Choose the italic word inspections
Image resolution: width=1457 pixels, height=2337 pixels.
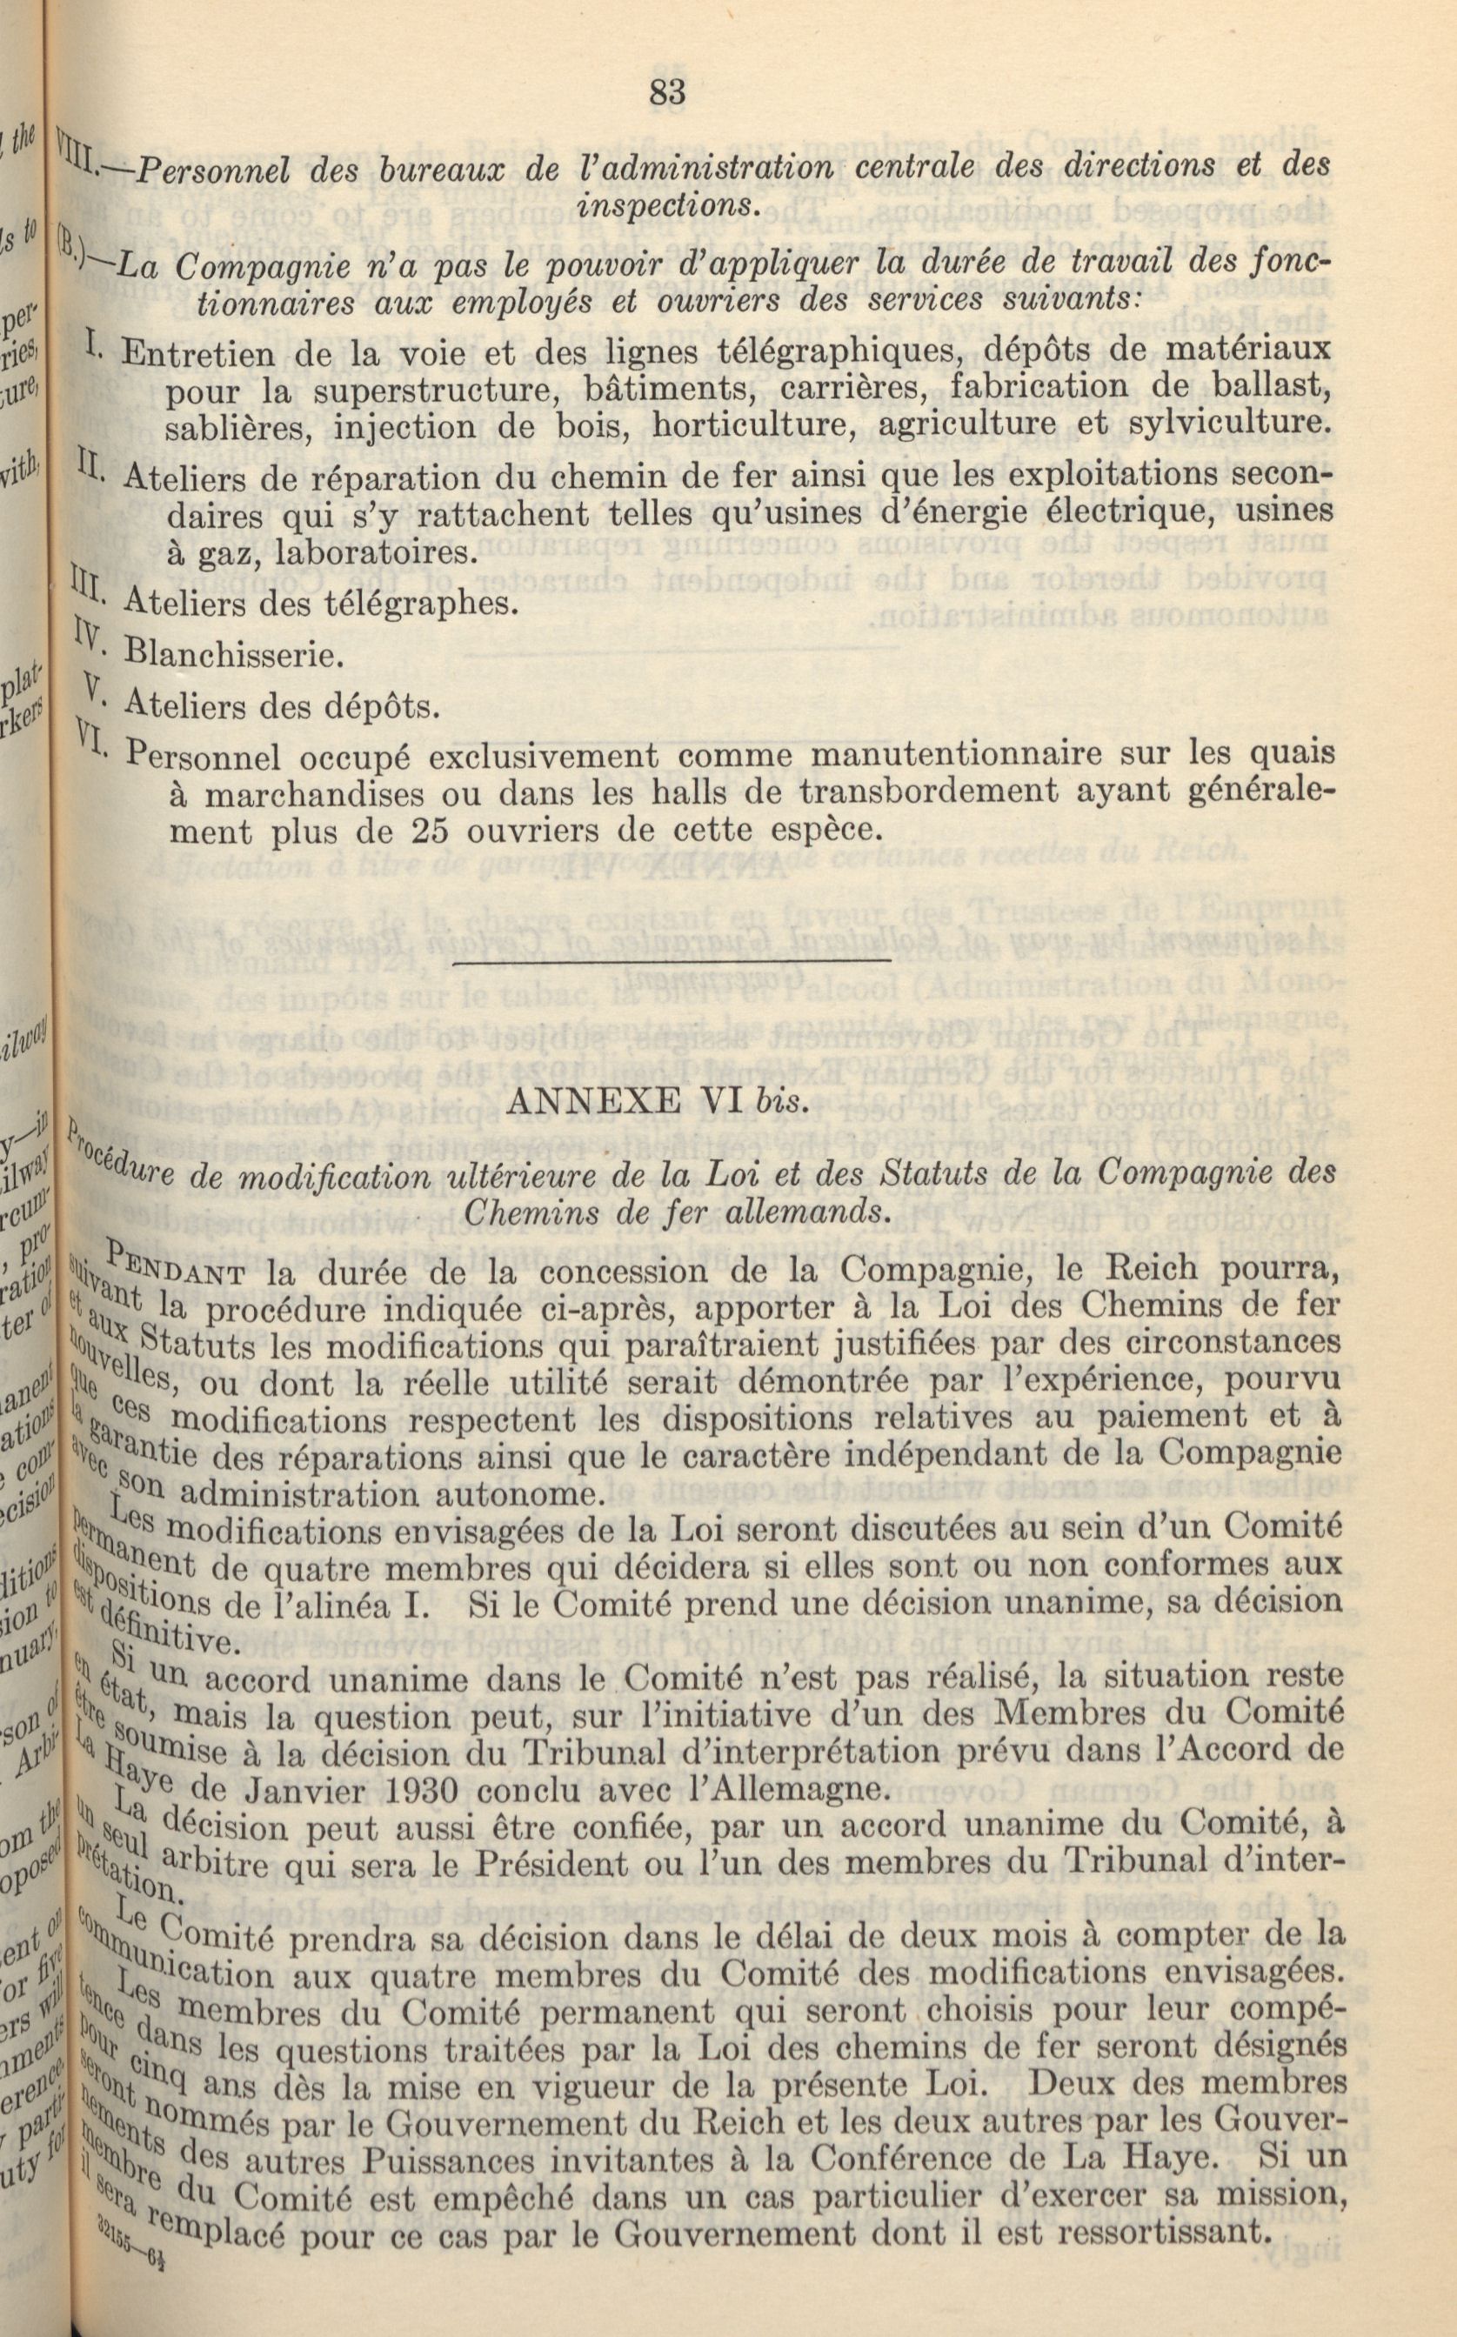[664, 204]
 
